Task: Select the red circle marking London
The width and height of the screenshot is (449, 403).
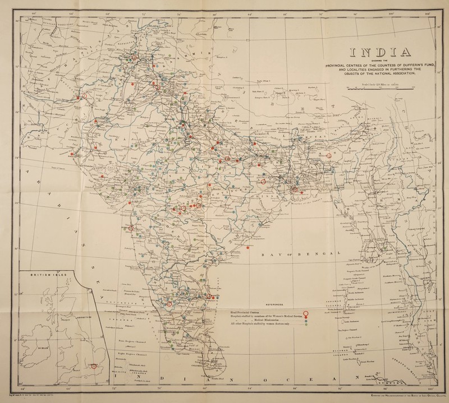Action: (x=94, y=366)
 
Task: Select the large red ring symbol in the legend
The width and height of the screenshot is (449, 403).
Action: (x=306, y=313)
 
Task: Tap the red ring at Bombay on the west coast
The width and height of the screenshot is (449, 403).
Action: (x=131, y=228)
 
